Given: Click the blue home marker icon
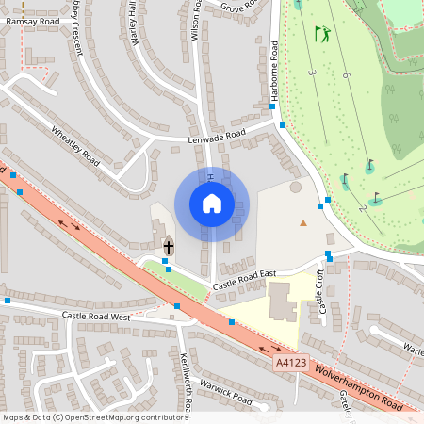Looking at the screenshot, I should (x=212, y=204).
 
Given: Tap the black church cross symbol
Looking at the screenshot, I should (x=169, y=248).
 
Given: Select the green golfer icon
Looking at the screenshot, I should (x=323, y=35).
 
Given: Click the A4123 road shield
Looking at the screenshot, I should (x=291, y=361).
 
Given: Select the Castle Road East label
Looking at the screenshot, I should (x=244, y=279).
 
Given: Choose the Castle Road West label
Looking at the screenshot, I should (x=95, y=317).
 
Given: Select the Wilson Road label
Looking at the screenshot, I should (x=196, y=19).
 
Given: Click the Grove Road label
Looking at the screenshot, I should (x=239, y=6).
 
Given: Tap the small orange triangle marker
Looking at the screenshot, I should (x=302, y=222).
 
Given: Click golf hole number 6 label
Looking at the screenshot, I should (x=347, y=74).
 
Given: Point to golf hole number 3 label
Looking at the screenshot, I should (x=312, y=71).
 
